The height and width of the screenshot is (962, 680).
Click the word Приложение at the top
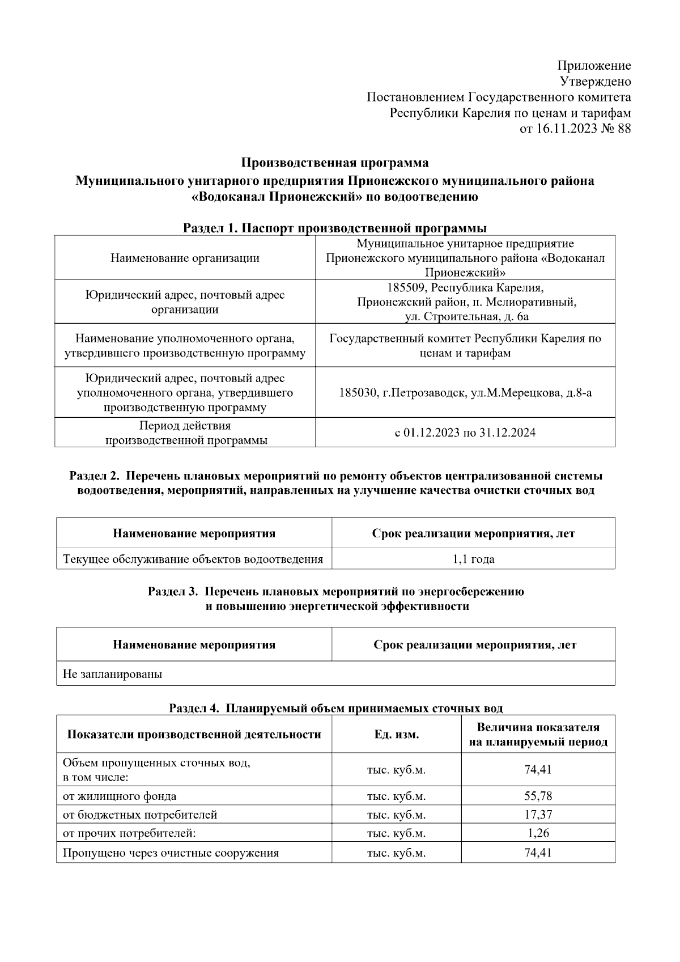[594, 66]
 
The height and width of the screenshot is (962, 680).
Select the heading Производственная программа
[335, 163]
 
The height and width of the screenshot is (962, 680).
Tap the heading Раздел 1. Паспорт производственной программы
[335, 228]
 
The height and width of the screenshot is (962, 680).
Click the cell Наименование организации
[185, 258]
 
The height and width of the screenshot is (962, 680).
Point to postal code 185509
[406, 287]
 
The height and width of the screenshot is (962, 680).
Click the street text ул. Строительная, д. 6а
[467, 316]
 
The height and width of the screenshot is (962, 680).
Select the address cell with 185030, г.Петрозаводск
[465, 392]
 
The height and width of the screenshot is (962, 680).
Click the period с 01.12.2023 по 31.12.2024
[465, 433]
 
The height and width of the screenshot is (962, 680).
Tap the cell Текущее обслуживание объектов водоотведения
[193, 560]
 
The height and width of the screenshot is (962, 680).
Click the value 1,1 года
[473, 560]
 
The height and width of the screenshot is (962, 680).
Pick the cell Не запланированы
[112, 674]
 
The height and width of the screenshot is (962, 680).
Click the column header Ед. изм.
[396, 735]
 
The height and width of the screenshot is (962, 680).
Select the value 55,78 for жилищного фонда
[538, 796]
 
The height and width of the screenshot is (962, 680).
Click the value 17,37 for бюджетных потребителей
[538, 815]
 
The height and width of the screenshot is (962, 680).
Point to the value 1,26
[538, 833]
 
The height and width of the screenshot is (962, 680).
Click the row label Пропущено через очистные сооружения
[171, 853]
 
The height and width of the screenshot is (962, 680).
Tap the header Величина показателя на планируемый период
[538, 735]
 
